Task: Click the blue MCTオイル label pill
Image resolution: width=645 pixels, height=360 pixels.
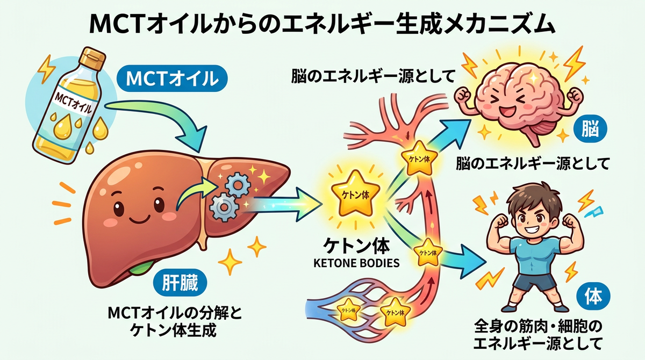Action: [172, 78]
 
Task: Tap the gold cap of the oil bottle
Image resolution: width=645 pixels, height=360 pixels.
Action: [92, 59]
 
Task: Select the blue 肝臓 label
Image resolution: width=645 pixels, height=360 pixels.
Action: [180, 283]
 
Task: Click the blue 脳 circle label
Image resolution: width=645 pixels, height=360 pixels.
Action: [590, 129]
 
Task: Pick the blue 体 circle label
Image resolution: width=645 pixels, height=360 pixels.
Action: [593, 296]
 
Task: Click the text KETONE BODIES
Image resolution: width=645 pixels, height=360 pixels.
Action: [356, 263]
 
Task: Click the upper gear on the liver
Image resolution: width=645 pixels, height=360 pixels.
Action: [238, 184]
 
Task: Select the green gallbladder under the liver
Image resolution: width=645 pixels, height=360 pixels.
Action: [140, 267]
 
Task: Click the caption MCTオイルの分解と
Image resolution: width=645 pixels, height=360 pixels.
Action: [175, 313]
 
